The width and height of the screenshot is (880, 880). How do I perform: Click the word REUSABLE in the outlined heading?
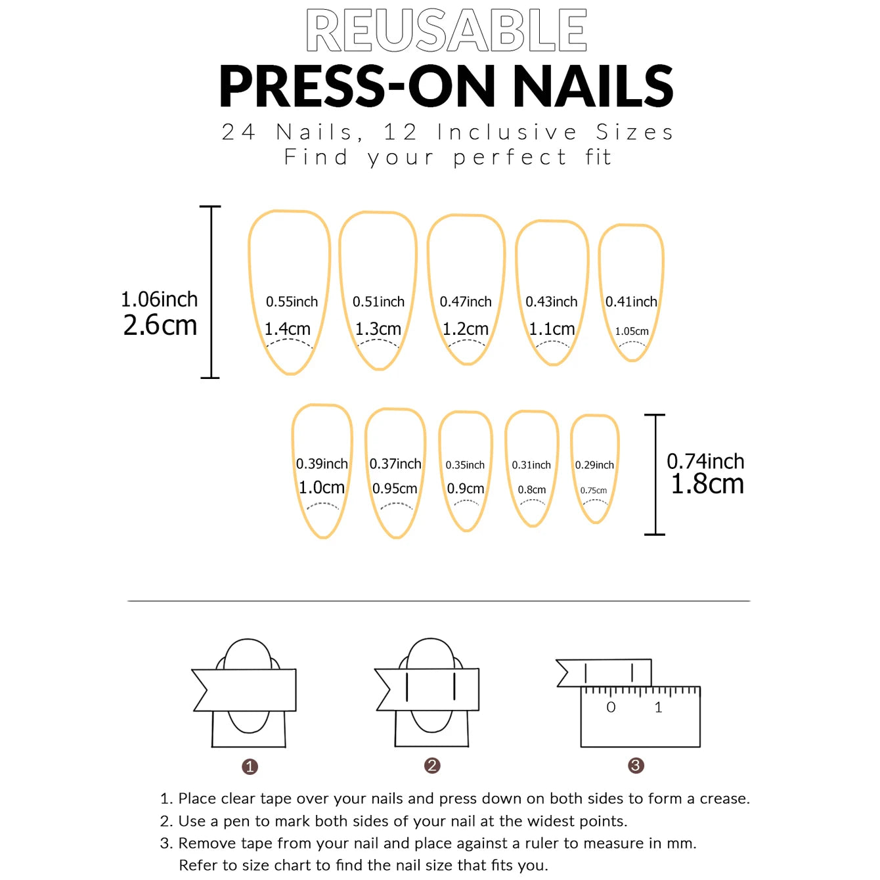(x=447, y=30)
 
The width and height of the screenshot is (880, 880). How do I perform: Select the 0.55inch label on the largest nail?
(x=292, y=301)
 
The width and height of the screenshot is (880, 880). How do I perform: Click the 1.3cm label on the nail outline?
(x=378, y=328)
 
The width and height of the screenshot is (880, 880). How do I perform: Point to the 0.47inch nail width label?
(x=466, y=301)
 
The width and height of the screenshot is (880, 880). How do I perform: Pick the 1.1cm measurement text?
(x=552, y=328)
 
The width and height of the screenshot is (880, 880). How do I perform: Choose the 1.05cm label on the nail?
(x=632, y=332)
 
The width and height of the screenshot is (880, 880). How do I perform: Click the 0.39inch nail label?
(x=322, y=464)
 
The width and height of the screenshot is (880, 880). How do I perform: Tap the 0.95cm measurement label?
(x=395, y=489)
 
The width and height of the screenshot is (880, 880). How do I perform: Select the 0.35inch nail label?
(x=465, y=465)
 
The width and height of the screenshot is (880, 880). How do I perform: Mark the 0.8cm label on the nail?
(x=532, y=490)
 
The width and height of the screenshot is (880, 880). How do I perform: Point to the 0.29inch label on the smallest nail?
(x=594, y=465)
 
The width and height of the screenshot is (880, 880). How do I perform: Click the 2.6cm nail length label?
(x=160, y=325)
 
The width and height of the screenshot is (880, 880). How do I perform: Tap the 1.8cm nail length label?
(x=707, y=484)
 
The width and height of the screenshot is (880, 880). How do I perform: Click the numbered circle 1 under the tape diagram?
(x=250, y=766)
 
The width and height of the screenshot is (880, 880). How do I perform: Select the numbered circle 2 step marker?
(x=432, y=766)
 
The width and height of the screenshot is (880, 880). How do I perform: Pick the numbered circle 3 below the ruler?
(x=636, y=766)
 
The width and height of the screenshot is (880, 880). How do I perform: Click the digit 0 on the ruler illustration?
(x=611, y=707)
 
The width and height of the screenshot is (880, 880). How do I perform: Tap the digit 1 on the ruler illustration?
(x=658, y=707)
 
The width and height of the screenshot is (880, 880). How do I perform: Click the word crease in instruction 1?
(x=724, y=799)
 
